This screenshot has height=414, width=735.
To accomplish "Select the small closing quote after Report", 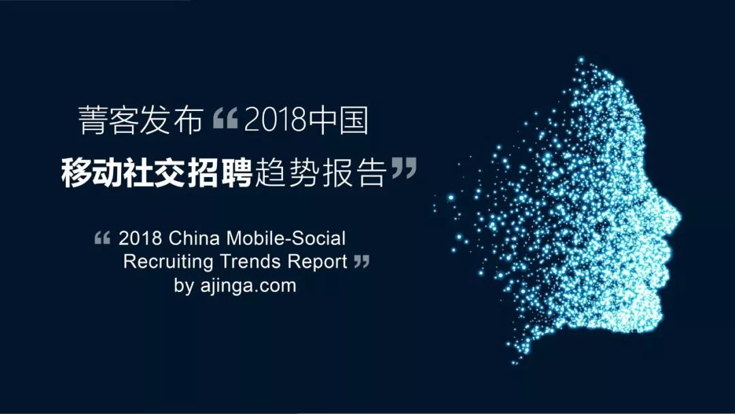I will pos(362,261).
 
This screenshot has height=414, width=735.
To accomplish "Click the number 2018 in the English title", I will pos(140,239).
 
